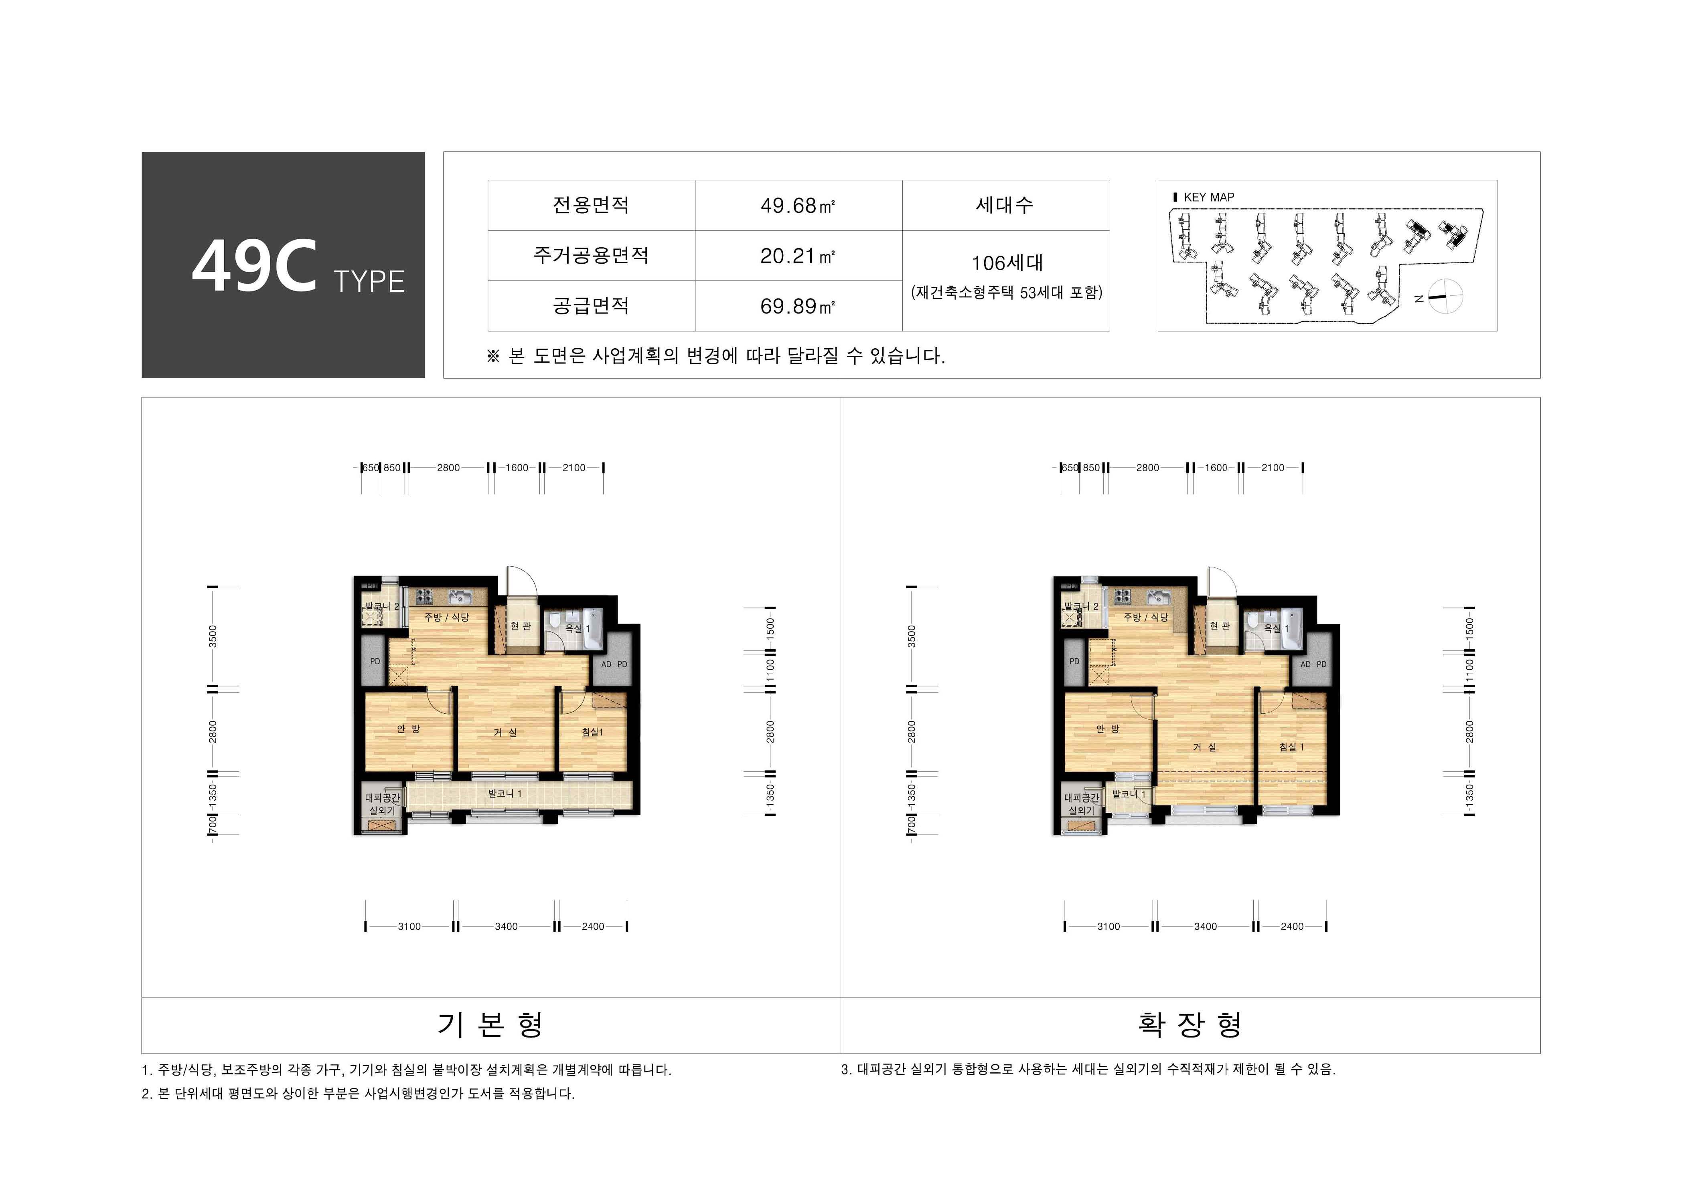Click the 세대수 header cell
1005,205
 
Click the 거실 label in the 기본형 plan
505,732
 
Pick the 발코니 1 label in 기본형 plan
505,793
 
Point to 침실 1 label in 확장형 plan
1291,747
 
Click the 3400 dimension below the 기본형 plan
506,926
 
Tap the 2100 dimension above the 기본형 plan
574,468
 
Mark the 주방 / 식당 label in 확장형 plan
1146,617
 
